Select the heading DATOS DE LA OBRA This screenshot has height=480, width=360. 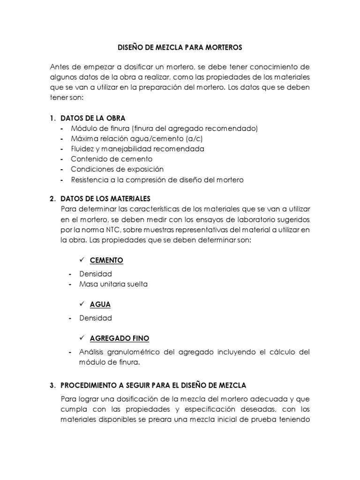(93, 118)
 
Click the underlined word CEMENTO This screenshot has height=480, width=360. (106, 260)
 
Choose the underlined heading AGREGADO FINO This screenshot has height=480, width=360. (120, 338)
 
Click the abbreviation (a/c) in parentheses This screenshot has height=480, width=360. (186, 139)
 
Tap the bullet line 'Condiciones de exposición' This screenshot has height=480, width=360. (117, 169)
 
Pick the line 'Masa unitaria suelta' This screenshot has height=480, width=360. (110, 284)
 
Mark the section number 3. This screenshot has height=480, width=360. (52, 385)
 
